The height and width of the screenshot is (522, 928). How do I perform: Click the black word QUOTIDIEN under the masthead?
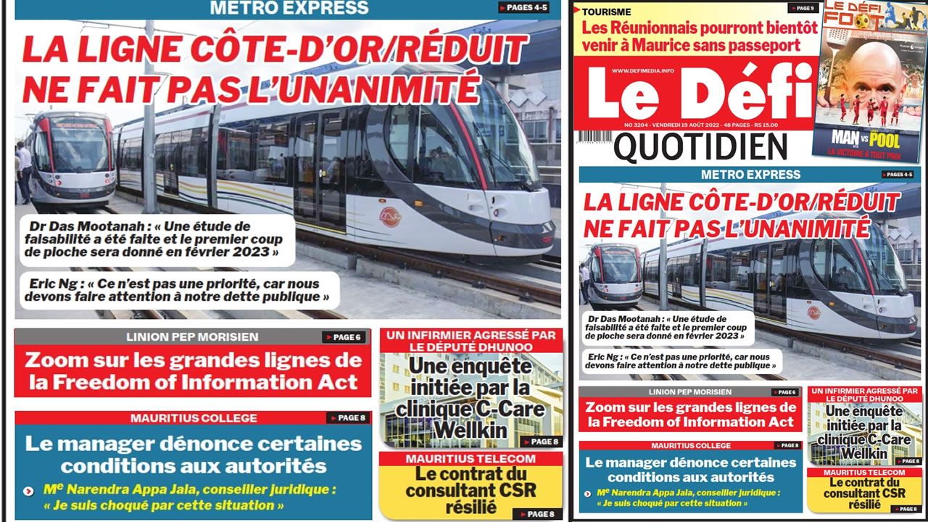point(700,147)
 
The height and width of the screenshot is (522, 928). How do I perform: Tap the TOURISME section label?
point(607,12)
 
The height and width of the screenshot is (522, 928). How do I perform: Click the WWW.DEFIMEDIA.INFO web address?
point(642,70)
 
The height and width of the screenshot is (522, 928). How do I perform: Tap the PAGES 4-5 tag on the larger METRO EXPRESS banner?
point(523,8)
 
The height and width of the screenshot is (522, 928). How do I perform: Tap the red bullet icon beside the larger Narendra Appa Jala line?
point(28,491)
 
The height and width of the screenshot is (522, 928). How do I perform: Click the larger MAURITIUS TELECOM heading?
point(471,459)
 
